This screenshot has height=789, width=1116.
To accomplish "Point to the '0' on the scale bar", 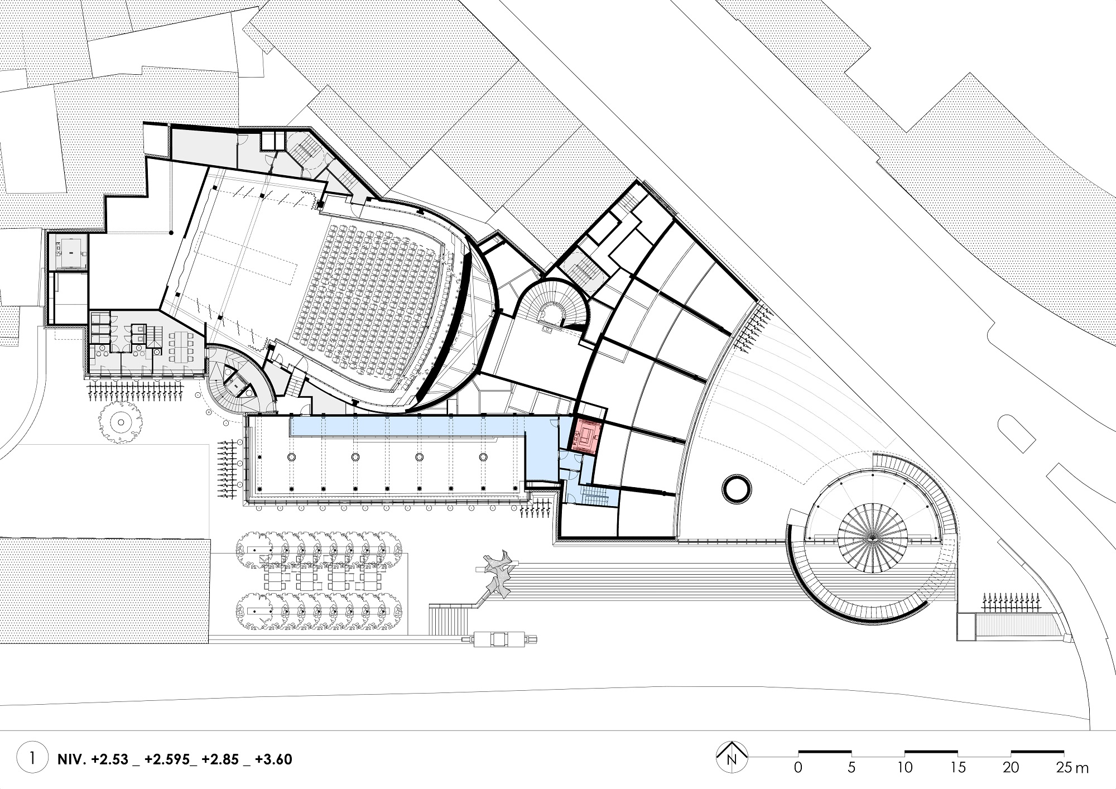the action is point(798,767).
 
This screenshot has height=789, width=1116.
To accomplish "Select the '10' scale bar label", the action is point(905,767).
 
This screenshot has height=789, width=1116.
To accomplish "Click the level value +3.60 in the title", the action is point(273,759).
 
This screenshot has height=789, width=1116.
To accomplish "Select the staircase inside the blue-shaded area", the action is point(595,494).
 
